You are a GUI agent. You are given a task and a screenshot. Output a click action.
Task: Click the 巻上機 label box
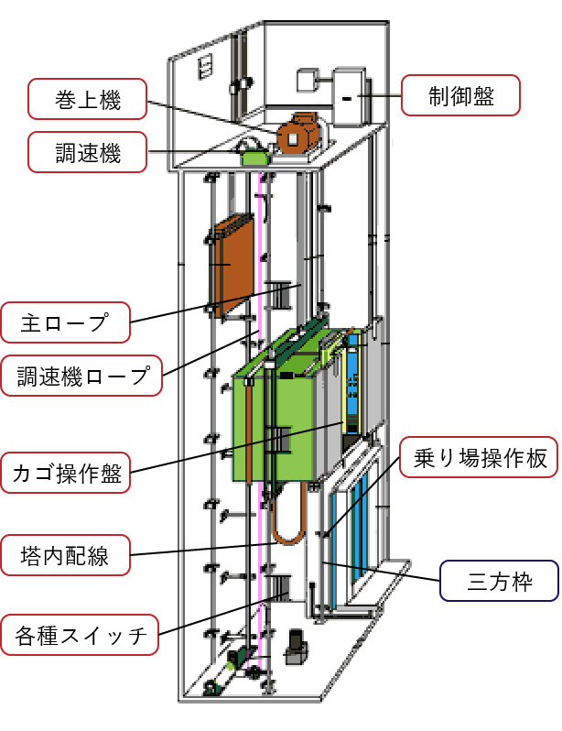coord(87,99)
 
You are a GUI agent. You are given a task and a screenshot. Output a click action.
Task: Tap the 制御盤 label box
coord(461,95)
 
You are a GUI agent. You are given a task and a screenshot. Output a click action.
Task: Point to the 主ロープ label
coord(65,322)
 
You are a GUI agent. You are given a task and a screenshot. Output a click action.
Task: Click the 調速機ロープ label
coord(83,375)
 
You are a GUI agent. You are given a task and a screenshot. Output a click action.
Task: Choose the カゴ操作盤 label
coord(65,474)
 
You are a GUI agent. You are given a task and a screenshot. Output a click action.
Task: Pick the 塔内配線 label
coord(65,555)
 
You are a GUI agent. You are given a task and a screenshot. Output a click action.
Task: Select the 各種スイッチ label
coord(81,634)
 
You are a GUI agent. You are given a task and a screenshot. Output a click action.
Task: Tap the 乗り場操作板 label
coord(480,458)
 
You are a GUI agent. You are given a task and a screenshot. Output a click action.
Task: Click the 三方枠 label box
coord(499,581)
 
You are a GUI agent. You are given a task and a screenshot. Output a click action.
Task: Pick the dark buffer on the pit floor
coord(295,648)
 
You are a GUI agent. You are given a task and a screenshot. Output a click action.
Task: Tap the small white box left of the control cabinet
coord(305,80)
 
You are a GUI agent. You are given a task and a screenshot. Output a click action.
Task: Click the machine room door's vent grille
coord(205,66)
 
